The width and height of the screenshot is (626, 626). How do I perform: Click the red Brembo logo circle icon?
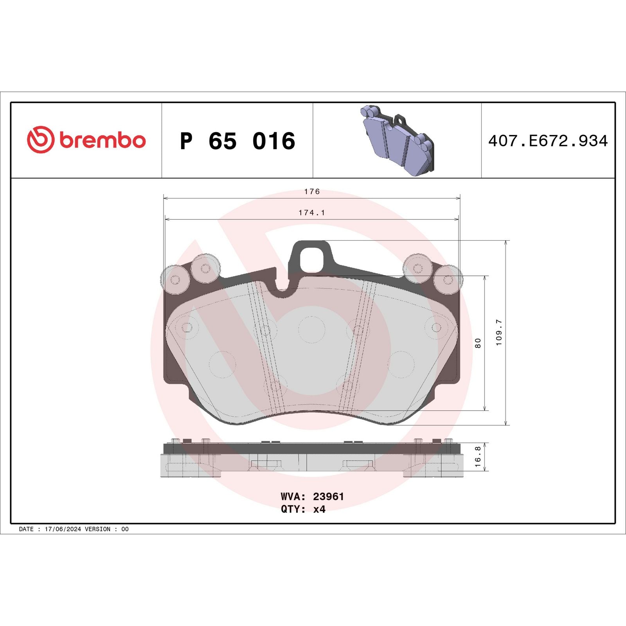[x=40, y=140]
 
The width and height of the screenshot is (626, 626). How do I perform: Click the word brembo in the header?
[x=103, y=140]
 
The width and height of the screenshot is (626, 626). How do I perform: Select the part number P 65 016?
[x=237, y=141]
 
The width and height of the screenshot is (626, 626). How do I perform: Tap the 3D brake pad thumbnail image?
[x=397, y=141]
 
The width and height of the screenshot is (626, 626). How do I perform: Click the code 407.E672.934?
[x=548, y=141]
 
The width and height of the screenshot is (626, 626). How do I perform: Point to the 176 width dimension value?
[x=312, y=192]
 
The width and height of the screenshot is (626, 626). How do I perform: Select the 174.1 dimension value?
[x=312, y=213]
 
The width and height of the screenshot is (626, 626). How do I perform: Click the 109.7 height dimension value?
[x=499, y=333]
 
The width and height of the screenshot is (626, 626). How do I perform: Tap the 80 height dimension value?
[x=478, y=343]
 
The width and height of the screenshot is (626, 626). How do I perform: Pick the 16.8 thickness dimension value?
[x=478, y=457]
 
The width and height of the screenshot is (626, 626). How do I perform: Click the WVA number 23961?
[x=328, y=496]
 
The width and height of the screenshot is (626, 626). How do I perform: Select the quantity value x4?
[x=319, y=509]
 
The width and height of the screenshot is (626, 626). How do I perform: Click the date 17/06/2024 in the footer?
[x=63, y=529]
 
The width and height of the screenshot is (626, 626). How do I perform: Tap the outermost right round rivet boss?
[x=448, y=279]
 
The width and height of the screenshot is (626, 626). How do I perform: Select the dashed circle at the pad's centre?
[x=312, y=330]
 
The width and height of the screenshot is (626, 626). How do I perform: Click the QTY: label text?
[x=293, y=509]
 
